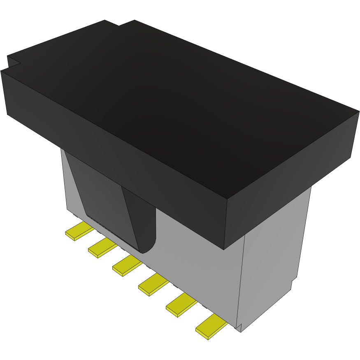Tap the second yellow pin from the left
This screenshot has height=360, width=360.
click(x=102, y=249)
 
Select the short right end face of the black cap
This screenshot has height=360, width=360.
click(x=288, y=181)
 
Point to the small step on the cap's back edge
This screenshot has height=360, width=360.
click(x=119, y=25)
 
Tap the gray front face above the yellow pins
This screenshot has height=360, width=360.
click(x=193, y=263)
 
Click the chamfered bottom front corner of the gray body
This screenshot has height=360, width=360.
click(x=239, y=327)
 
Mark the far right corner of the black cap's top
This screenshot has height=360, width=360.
click(x=358, y=111)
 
